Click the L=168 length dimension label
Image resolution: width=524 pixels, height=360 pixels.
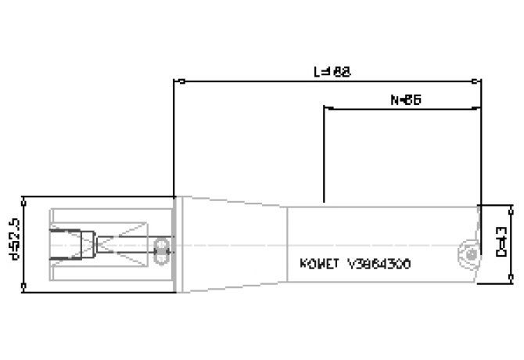point(331,71)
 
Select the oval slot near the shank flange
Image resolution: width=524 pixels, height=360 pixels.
point(163,248)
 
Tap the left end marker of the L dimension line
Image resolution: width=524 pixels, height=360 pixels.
point(178,81)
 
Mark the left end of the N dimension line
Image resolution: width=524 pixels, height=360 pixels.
point(325,109)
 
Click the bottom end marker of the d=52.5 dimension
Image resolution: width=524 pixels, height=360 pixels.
point(27,291)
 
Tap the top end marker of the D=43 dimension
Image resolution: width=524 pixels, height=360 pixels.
point(512,207)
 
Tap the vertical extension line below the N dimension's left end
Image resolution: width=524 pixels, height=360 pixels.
point(325,157)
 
